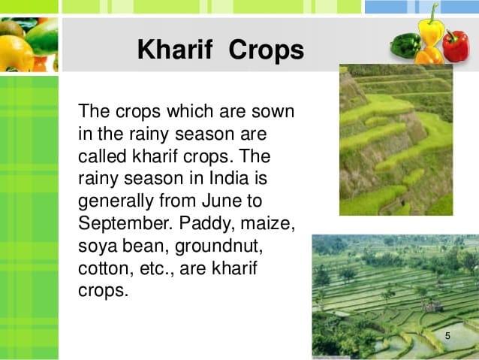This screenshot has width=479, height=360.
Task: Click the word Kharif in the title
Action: (x=175, y=50)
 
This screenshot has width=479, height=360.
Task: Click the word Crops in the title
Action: (x=267, y=51)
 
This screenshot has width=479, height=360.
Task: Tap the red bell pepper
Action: (x=456, y=45)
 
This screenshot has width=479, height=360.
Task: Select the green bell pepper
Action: (x=405, y=45)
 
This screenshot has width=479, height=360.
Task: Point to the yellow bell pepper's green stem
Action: (x=434, y=14)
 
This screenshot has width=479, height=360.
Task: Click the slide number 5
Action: (x=447, y=336)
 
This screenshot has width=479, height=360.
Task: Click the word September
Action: (x=125, y=224)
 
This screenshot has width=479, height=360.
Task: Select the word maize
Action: (x=267, y=224)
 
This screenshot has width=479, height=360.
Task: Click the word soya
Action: (x=98, y=247)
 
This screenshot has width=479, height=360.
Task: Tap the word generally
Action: (x=116, y=201)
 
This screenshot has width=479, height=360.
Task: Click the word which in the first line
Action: (x=190, y=111)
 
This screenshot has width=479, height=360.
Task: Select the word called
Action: (x=102, y=156)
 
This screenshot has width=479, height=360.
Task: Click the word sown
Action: (x=273, y=112)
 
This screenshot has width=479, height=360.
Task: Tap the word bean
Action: (x=146, y=247)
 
